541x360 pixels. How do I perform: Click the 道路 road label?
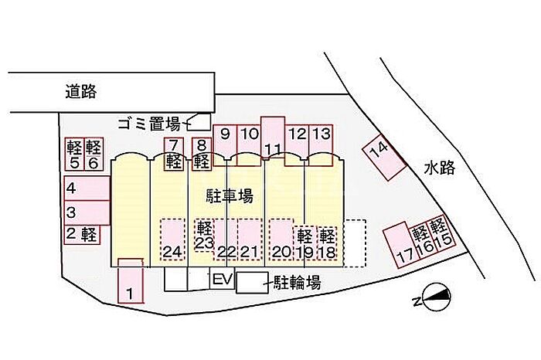point(80,91)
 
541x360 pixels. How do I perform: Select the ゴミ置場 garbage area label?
point(149,123)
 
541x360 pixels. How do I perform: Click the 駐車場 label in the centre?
point(229,196)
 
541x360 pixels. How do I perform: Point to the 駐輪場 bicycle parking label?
point(297,283)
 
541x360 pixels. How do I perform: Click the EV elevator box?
point(222,280)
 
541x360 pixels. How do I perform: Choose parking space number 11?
point(273,139)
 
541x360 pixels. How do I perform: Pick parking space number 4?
point(85,188)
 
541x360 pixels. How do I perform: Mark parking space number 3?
point(85,211)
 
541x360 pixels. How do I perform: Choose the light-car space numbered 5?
point(75,155)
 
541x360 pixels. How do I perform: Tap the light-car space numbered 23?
point(203,235)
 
